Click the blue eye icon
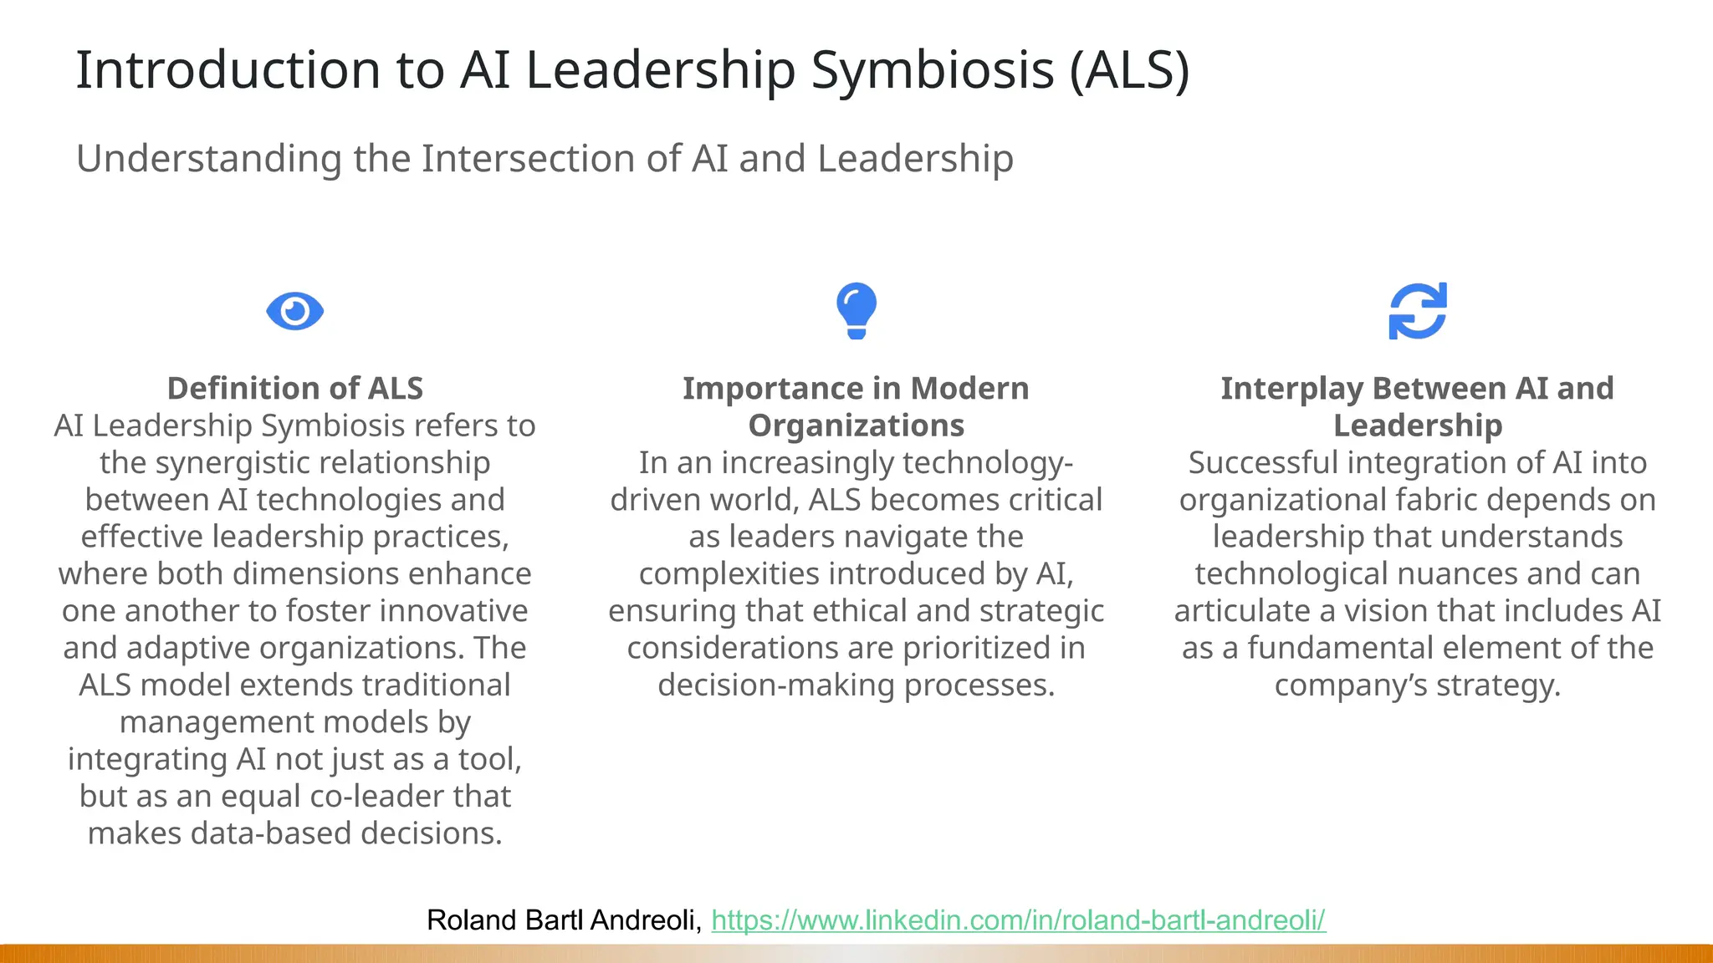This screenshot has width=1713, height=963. click(294, 311)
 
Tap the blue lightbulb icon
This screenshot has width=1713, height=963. click(856, 309)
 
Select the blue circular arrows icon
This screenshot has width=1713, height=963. click(1418, 311)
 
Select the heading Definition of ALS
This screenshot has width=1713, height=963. click(295, 389)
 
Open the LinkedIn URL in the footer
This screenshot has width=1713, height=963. click(1018, 920)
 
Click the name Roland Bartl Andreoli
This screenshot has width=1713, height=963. click(563, 920)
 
